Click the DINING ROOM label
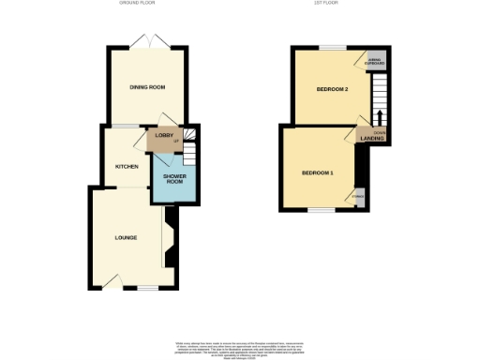[147, 87]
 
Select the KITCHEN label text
[127, 166]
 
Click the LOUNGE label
[126, 237]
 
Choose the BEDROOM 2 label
[332, 90]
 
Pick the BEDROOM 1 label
[317, 173]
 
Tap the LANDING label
[369, 140]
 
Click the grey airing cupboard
[377, 61]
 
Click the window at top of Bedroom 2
[331, 47]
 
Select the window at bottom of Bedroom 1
[321, 210]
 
